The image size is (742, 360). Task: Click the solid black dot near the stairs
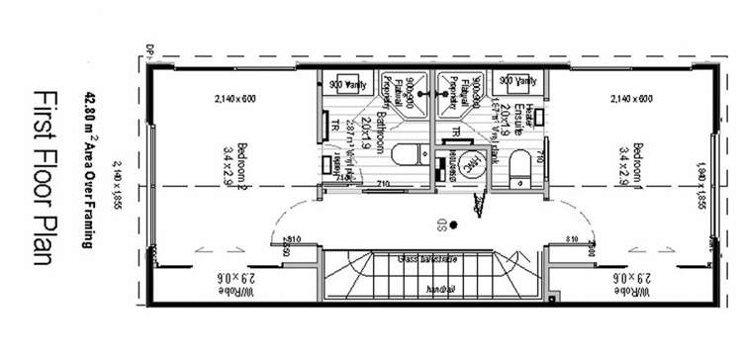[452, 225]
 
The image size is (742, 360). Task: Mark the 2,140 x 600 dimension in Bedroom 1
[630, 99]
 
